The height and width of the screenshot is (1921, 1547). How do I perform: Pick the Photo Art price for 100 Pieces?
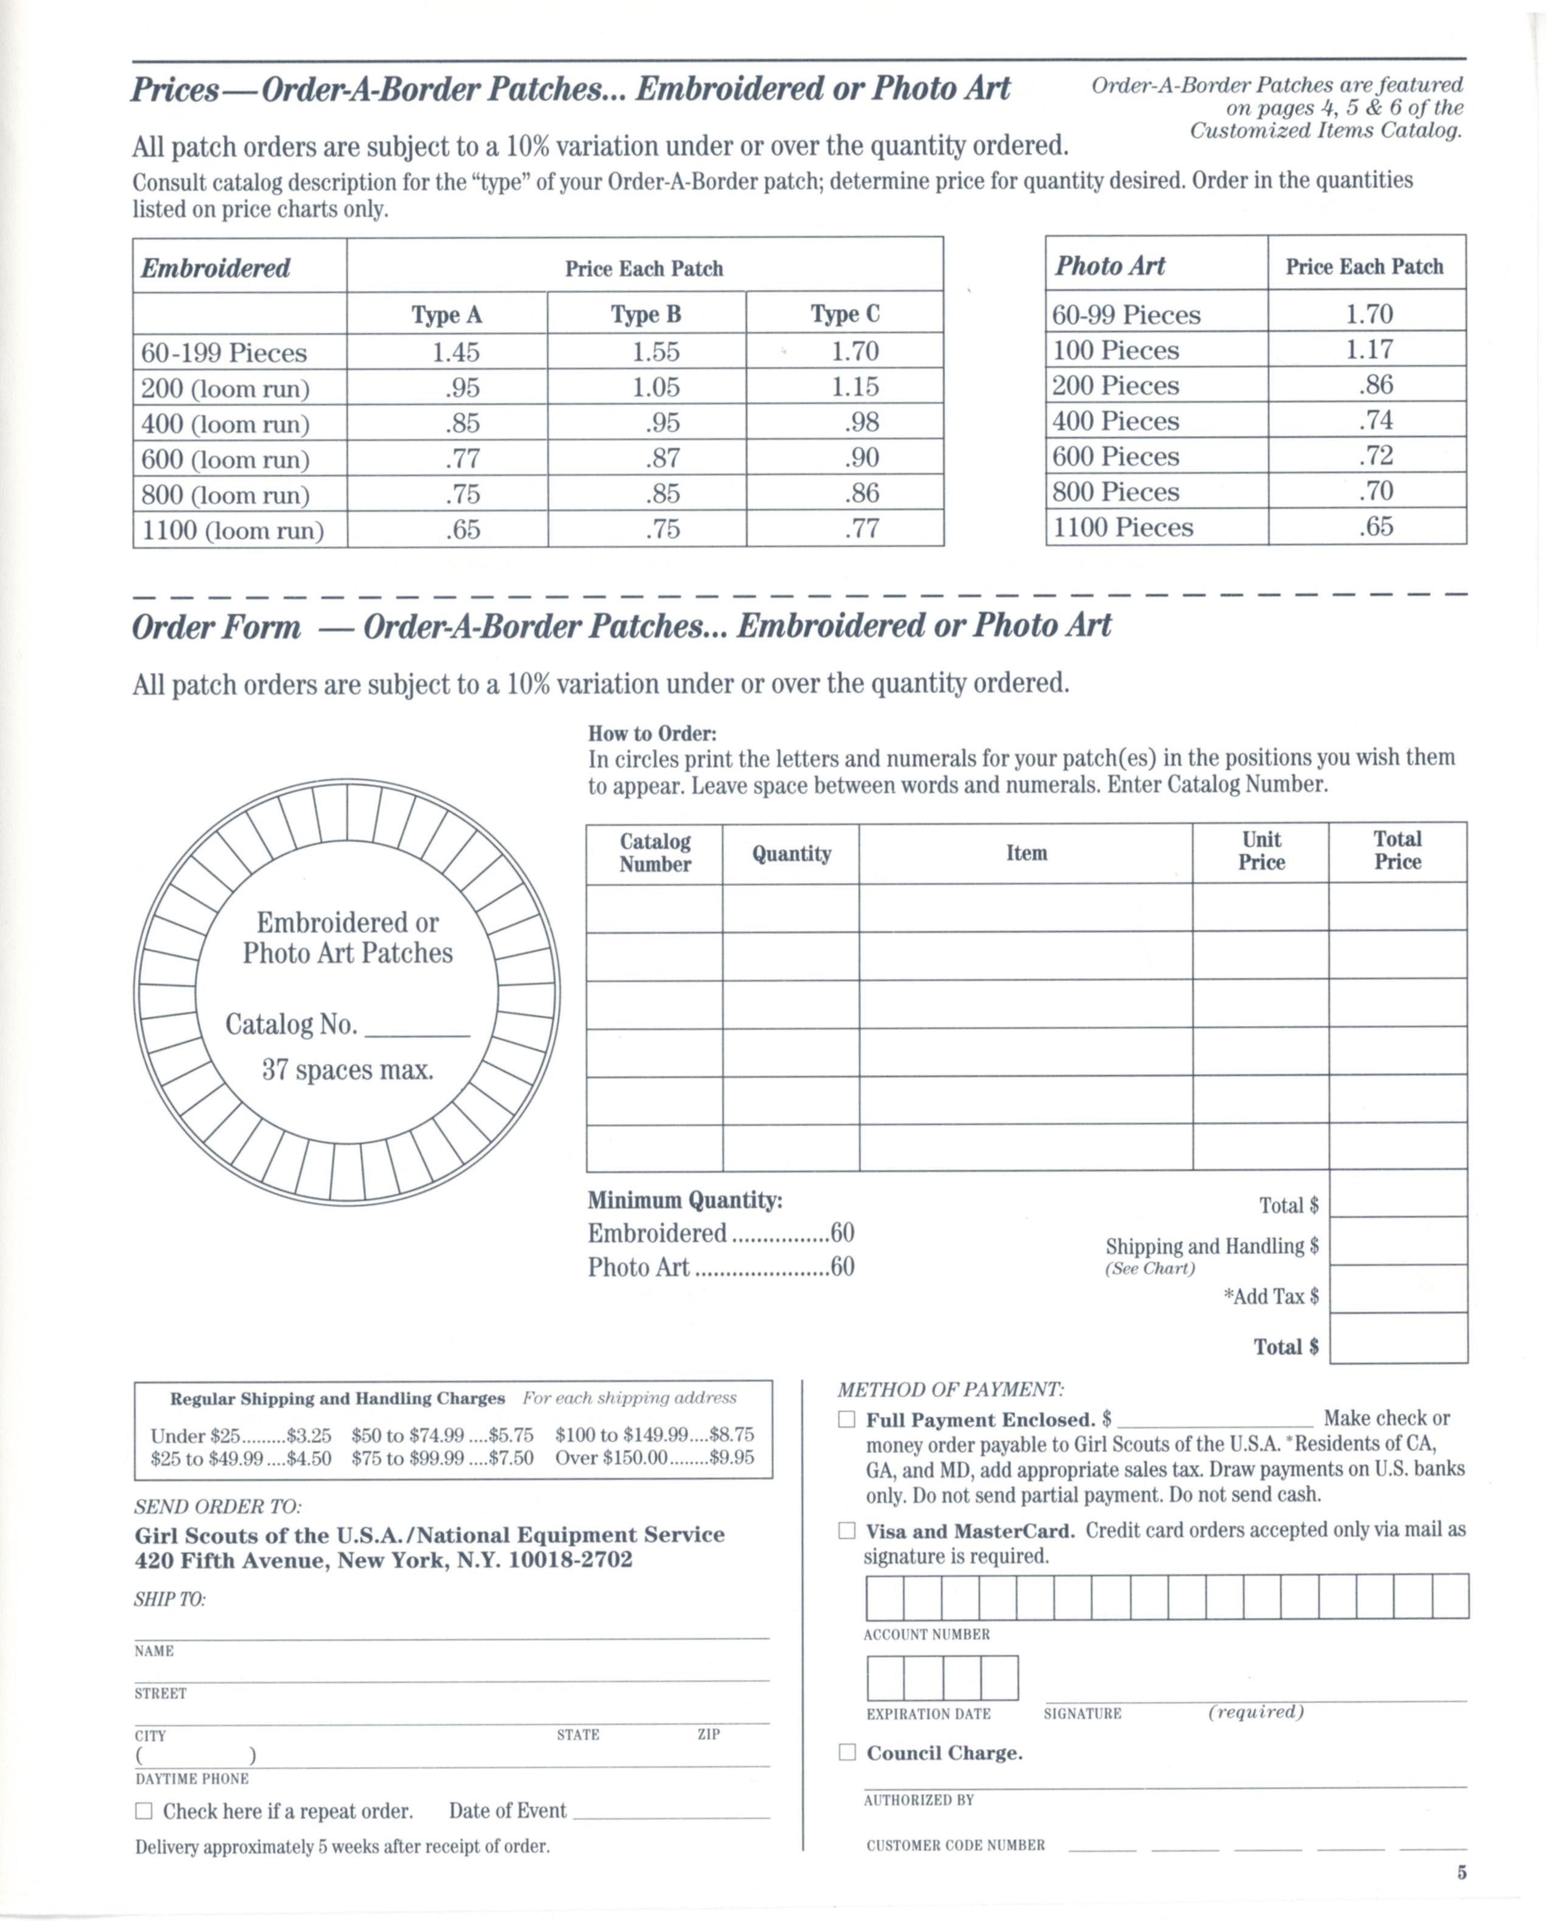[x=1369, y=349]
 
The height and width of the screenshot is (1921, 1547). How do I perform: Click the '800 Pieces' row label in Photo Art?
[x=1115, y=492]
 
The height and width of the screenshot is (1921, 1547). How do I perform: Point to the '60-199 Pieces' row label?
[x=224, y=353]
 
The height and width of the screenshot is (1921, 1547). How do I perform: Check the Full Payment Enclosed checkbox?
[x=847, y=1420]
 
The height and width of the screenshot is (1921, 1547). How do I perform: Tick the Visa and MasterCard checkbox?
[x=847, y=1531]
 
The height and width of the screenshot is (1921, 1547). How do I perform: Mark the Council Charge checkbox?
[x=847, y=1753]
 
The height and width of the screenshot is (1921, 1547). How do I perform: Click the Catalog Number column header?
[x=655, y=853]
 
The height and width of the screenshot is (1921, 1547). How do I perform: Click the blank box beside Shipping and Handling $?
[x=1398, y=1241]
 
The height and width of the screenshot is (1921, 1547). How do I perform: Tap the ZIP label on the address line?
[x=708, y=1734]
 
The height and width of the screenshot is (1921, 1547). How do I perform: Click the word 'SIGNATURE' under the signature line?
[x=1082, y=1713]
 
